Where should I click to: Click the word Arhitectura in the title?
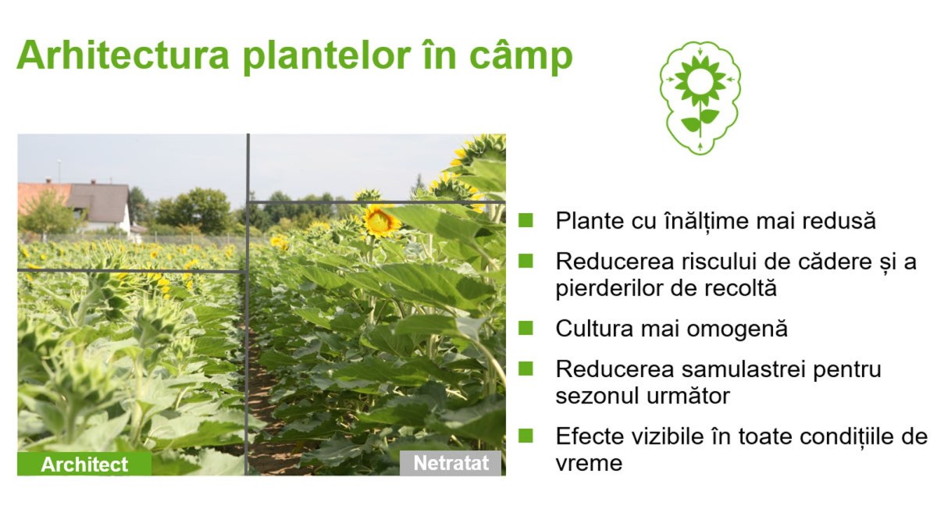(123, 55)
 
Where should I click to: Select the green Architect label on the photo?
(84, 464)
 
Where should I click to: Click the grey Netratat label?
(451, 463)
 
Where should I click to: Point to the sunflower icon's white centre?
(700, 80)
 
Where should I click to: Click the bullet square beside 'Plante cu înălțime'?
(526, 220)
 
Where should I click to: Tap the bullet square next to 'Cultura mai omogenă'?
(526, 328)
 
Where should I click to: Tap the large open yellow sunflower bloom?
(379, 220)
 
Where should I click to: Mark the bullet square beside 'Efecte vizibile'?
(526, 436)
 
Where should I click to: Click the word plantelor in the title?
(326, 57)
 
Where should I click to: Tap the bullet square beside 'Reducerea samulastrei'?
(526, 369)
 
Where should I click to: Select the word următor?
(689, 396)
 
